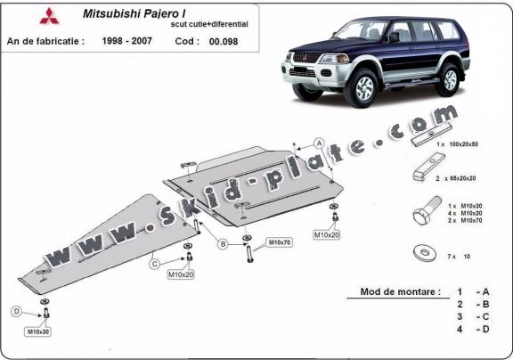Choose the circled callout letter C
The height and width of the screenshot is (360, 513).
(x=154, y=263)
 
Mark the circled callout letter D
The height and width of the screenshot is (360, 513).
(x=17, y=311)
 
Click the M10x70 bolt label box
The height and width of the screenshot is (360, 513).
(x=279, y=241)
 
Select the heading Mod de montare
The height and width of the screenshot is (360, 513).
(x=400, y=291)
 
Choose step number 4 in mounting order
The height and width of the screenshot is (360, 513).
(x=459, y=331)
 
